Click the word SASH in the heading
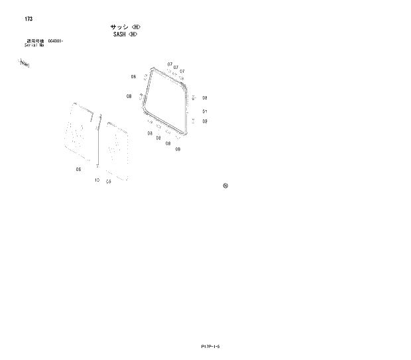point(120,34)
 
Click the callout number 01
point(205,111)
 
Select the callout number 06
point(78,169)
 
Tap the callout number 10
point(97,180)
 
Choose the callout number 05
point(108,181)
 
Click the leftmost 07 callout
point(170,64)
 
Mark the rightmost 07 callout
point(182,71)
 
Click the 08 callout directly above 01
point(205,98)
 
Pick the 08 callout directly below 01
point(205,121)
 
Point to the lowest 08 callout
point(178,149)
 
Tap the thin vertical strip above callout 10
point(99,146)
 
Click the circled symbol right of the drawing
point(225,186)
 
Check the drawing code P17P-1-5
point(209,346)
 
